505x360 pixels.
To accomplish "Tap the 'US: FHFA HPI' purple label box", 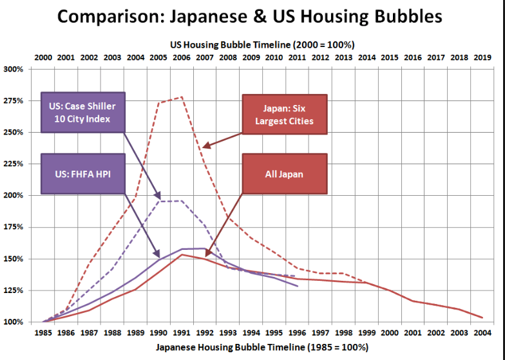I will click(x=82, y=174).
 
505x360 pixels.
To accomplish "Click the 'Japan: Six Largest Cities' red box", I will click(x=284, y=115).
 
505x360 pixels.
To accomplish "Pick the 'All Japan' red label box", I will click(x=284, y=173).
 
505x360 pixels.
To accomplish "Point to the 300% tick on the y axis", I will click(x=14, y=69).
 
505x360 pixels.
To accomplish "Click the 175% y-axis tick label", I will click(x=14, y=227).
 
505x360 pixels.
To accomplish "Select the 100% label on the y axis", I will click(x=14, y=322).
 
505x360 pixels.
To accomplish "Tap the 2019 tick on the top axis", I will click(x=482, y=57).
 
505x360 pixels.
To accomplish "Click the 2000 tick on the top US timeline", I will click(x=43, y=57).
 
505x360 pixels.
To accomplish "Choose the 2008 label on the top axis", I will click(x=227, y=57).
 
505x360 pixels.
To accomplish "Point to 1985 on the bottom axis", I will click(x=43, y=334).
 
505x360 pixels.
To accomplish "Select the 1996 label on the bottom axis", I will click(x=297, y=334).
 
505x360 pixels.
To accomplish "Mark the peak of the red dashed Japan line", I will click(x=182, y=97).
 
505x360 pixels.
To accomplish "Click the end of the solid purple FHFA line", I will click(x=298, y=286).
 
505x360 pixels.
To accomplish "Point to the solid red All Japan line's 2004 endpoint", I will click(x=482, y=317).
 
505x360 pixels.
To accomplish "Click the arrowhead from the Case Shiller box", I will click(x=159, y=197).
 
